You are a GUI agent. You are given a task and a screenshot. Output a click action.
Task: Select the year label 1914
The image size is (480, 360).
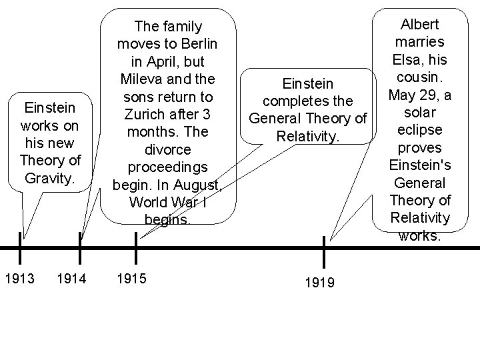[71, 277]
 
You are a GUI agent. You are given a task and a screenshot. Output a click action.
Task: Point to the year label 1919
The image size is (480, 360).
[319, 283]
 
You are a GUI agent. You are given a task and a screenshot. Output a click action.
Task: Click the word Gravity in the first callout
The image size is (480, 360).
[50, 178]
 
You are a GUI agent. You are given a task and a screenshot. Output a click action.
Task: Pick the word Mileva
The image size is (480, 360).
[143, 79]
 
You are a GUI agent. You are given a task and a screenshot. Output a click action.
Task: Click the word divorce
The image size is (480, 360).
[167, 149]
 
